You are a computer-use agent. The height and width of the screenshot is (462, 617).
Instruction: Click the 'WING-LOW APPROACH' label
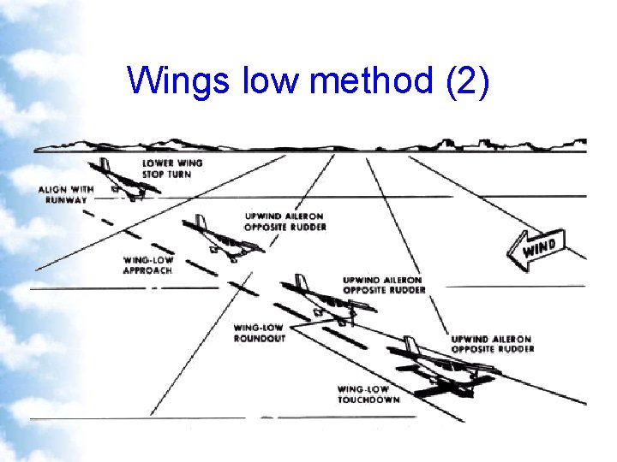pyautogui.click(x=147, y=264)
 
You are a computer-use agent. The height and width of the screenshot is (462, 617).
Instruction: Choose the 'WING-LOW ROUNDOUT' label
pyautogui.click(x=260, y=332)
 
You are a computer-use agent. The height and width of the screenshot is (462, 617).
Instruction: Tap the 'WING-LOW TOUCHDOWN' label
pyautogui.click(x=368, y=394)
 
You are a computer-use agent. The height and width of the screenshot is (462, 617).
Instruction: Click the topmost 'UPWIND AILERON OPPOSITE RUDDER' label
pyautogui.click(x=285, y=222)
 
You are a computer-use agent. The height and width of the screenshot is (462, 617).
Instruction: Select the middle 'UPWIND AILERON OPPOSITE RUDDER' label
pyautogui.click(x=384, y=284)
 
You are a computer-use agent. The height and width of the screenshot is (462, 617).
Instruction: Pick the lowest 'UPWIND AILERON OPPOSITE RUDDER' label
pyautogui.click(x=492, y=344)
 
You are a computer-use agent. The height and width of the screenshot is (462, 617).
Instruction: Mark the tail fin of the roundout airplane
pyautogui.click(x=301, y=284)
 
